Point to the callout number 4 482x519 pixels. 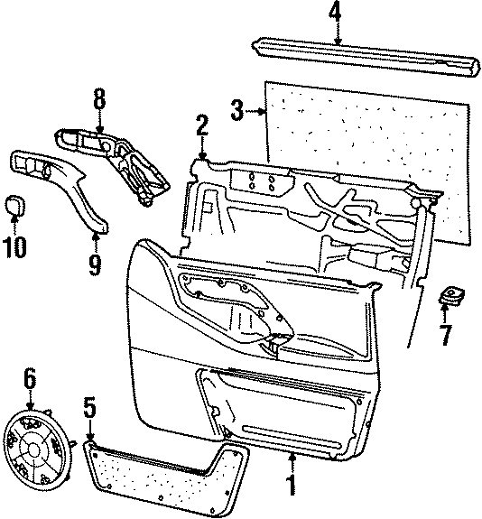[336, 12]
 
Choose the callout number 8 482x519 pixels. [99, 98]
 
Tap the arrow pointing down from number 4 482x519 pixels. [336, 34]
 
